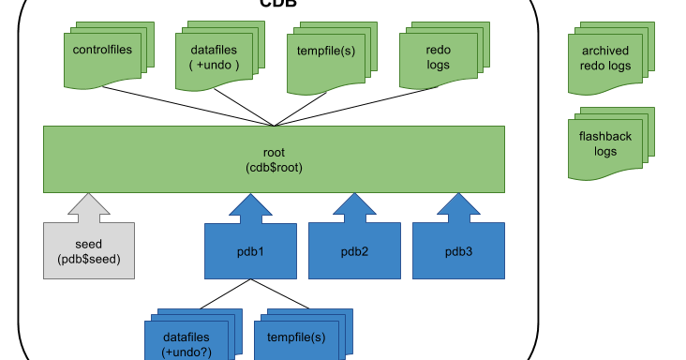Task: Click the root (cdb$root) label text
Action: [x=274, y=159]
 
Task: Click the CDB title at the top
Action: [x=278, y=4]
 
